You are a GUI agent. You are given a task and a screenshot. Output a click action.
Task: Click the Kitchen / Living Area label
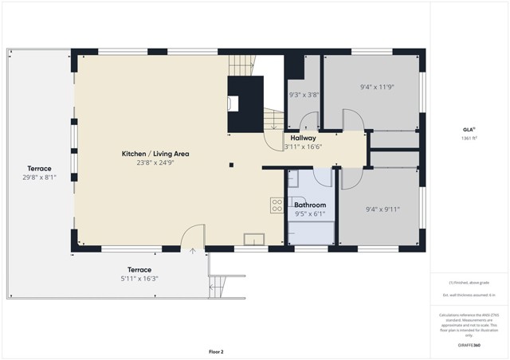[x=155, y=154]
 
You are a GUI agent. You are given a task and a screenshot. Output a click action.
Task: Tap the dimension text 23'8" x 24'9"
[x=155, y=162]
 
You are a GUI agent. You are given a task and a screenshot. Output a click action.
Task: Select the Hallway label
[x=303, y=138]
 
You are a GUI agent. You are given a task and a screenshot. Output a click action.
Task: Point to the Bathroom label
[x=310, y=205]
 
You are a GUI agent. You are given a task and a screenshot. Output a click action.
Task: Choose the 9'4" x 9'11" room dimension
[x=382, y=209]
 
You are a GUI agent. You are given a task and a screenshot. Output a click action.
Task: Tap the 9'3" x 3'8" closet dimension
[x=304, y=95]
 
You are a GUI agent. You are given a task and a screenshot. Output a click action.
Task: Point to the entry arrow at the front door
[x=192, y=251]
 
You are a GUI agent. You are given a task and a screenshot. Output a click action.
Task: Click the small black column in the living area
[x=230, y=166]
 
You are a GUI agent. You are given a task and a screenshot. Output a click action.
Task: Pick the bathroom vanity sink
[x=294, y=178]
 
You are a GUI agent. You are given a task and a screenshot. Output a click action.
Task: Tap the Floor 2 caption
[x=216, y=351]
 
